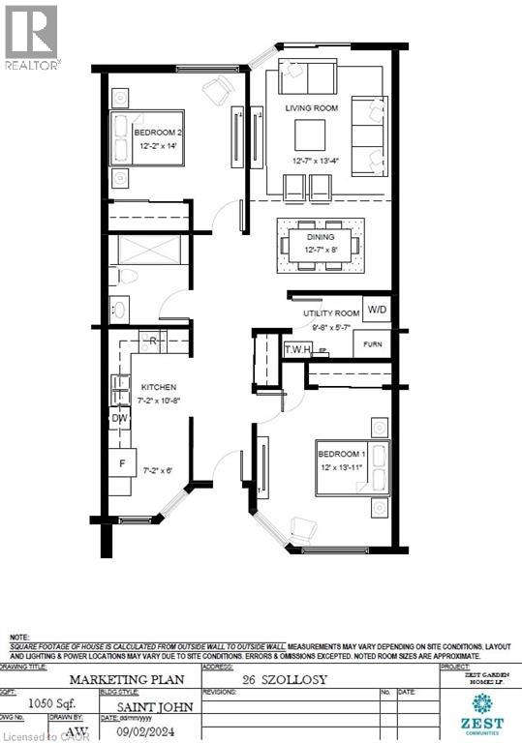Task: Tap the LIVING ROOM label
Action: pyautogui.click(x=311, y=109)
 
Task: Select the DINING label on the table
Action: pyautogui.click(x=321, y=237)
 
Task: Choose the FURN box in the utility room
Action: pyautogui.click(x=372, y=343)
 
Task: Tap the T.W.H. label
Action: pyautogui.click(x=296, y=350)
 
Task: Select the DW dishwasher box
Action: pyautogui.click(x=120, y=418)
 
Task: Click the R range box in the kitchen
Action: pyautogui.click(x=153, y=342)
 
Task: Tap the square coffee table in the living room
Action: pyautogui.click(x=311, y=133)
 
